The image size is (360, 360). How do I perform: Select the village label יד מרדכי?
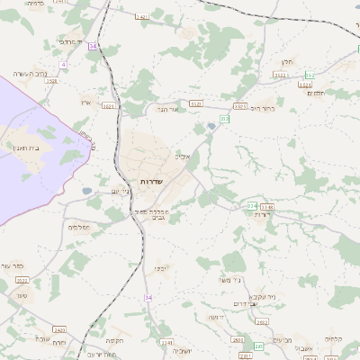[69, 42]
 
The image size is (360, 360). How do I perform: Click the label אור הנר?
[168, 109]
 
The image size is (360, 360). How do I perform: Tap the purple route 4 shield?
[63, 65]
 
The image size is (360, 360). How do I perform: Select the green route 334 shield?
[251, 206]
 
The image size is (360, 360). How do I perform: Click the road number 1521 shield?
[108, 105]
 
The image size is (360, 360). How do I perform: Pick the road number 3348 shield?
[266, 207]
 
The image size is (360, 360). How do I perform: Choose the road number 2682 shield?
[238, 340]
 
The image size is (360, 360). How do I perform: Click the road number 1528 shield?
[51, 81]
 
